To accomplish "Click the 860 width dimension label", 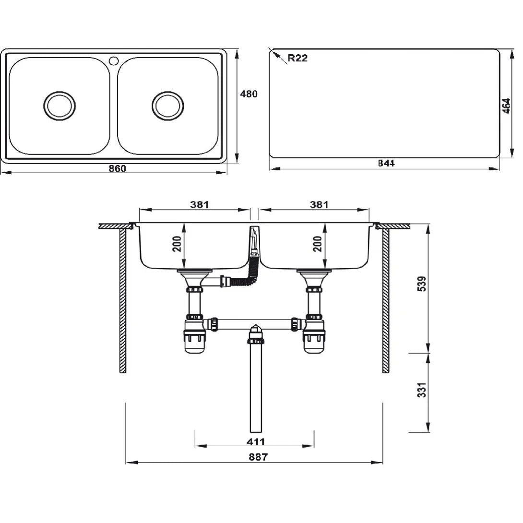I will pos(117,168).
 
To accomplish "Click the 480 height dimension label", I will pos(249,94).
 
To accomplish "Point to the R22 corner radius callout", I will pos(297,59).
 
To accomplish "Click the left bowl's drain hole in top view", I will pos(59,106).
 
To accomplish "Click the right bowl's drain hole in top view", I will pos(168,106).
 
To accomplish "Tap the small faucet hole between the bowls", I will pos(114,60).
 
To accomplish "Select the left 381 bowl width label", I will pos(199,204).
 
